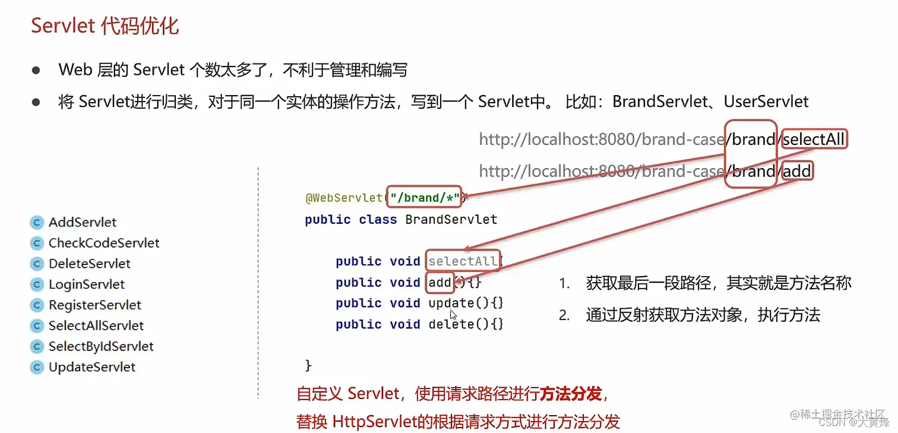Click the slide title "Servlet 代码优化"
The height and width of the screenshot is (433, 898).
click(x=105, y=26)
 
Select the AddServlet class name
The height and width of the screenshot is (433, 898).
click(x=83, y=223)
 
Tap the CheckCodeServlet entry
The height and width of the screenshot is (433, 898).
click(x=104, y=244)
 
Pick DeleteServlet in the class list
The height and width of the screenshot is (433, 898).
click(x=89, y=264)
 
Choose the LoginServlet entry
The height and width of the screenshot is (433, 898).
click(x=87, y=285)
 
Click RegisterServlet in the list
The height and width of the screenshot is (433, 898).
click(x=95, y=305)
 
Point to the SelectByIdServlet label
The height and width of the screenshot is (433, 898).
click(x=101, y=346)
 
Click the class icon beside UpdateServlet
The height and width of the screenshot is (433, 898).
click(x=37, y=368)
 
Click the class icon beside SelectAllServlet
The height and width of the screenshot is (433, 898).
click(x=37, y=326)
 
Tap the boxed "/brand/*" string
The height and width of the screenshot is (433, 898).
click(x=424, y=198)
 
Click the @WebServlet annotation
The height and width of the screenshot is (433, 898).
click(x=344, y=198)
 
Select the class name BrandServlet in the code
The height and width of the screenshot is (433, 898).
click(x=451, y=219)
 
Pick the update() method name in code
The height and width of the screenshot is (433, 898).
click(x=451, y=304)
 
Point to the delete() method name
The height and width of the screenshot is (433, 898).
click(x=451, y=324)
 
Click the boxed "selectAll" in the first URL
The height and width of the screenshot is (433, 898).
click(x=814, y=140)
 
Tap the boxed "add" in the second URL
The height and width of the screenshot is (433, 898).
click(x=797, y=172)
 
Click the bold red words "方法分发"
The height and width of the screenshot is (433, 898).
click(x=571, y=393)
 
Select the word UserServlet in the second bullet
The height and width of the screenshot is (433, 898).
click(x=766, y=102)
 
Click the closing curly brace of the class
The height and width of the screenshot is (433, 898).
click(x=308, y=365)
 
